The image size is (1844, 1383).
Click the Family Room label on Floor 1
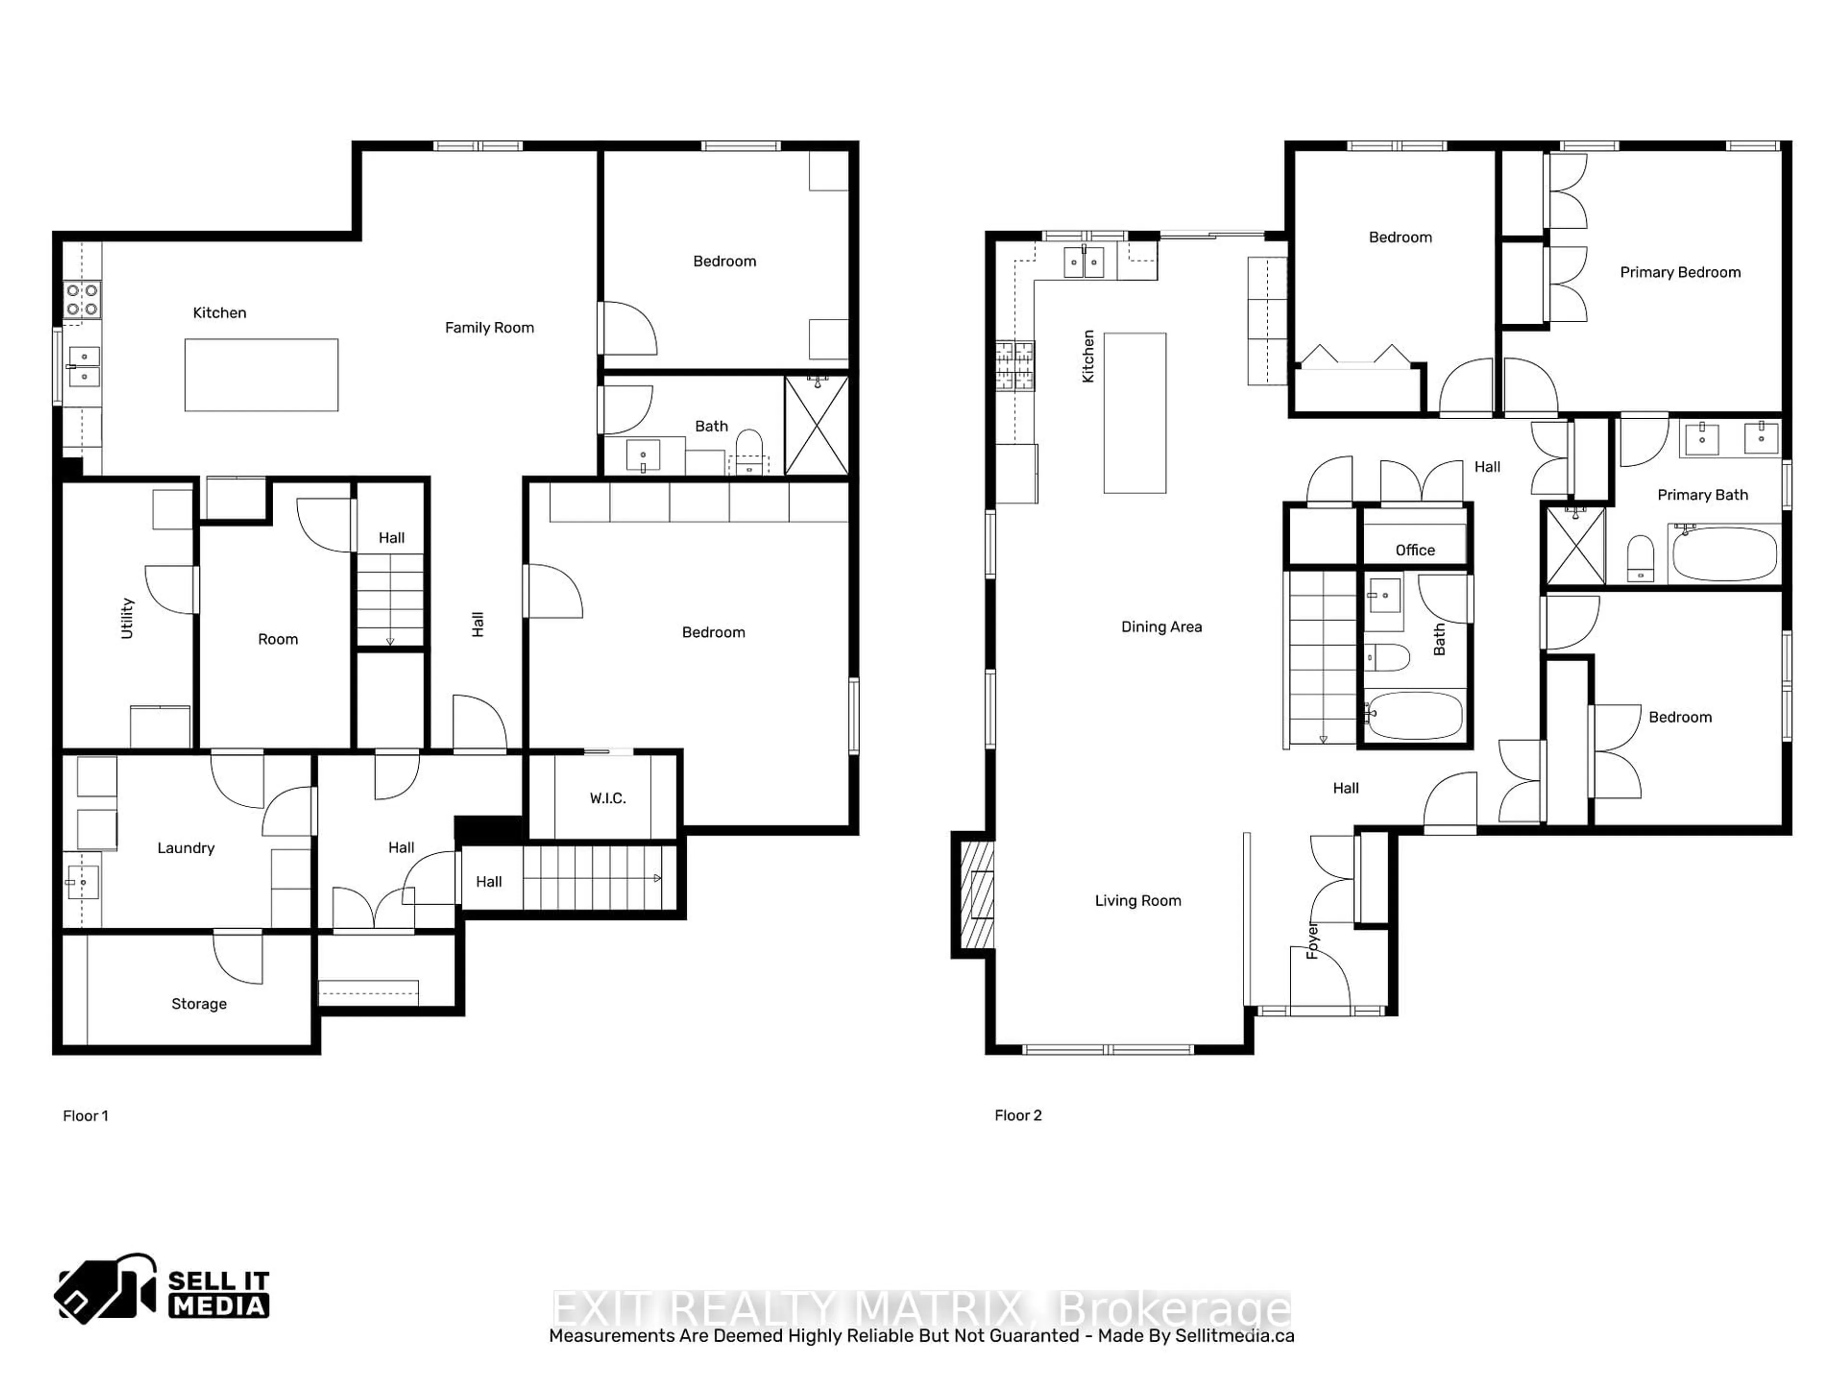(x=489, y=328)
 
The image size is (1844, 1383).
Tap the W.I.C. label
(x=608, y=799)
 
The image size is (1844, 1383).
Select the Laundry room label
(x=186, y=848)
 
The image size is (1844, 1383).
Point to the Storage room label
(x=199, y=1004)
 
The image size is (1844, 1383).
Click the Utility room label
(x=128, y=618)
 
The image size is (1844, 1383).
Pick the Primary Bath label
(x=1702, y=495)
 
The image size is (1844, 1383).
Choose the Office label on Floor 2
(x=1416, y=550)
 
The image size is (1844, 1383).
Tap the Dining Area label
(x=1161, y=627)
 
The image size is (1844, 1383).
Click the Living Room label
(x=1138, y=900)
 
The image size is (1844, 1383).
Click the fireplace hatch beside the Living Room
(x=977, y=895)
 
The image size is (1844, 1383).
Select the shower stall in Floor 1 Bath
(x=817, y=426)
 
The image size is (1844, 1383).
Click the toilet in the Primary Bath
(x=1640, y=558)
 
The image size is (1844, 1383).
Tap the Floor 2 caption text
(x=1018, y=1116)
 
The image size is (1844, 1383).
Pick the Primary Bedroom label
(x=1680, y=273)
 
